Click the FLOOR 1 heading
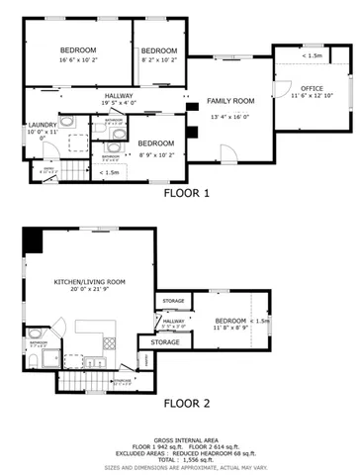tap(186, 194)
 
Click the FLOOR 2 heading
tap(186, 403)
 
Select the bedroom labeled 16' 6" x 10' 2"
tap(77, 50)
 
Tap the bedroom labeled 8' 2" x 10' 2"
tap(158, 50)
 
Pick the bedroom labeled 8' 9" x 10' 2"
tap(155, 142)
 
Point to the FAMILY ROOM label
tap(230, 101)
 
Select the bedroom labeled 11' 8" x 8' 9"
tap(230, 321)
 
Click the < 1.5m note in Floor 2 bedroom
tap(261, 321)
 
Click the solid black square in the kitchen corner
tap(34, 238)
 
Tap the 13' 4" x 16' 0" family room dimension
tap(230, 116)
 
